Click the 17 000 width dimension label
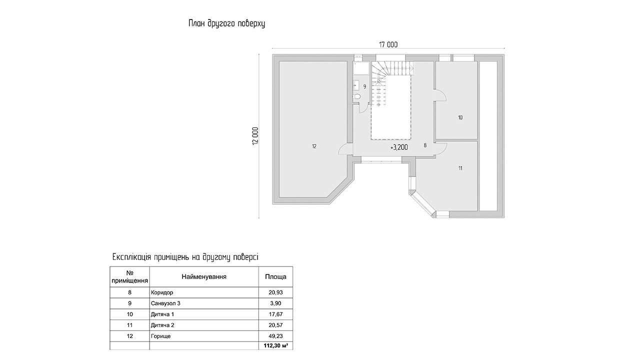[x=388, y=44]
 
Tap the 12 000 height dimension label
[x=255, y=135]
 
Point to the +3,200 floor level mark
[x=399, y=147]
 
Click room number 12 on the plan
[x=314, y=146]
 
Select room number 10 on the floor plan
[x=460, y=117]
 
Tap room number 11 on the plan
[x=460, y=168]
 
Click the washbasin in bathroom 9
[x=356, y=84]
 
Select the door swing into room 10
[x=439, y=95]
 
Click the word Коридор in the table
[x=162, y=292]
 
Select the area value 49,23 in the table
[x=275, y=336]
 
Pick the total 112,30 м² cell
[x=275, y=345]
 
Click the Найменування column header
[x=204, y=276]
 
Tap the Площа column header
[x=275, y=276]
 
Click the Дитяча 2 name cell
[x=162, y=325]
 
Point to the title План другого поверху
[x=226, y=23]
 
